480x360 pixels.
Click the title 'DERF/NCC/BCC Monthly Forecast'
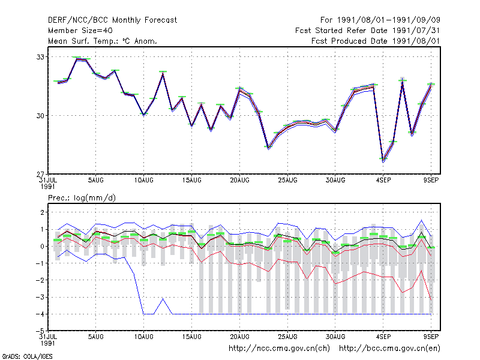click(x=112, y=20)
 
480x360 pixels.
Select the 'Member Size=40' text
click(x=80, y=31)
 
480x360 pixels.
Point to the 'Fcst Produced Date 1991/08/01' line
click(x=376, y=41)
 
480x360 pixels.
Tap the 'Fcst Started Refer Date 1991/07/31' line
click(x=367, y=31)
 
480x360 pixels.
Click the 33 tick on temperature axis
click(x=41, y=57)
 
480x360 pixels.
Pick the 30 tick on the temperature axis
click(x=41, y=116)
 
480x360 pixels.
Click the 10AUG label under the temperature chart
click(x=143, y=180)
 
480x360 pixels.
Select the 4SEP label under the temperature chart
click(x=383, y=180)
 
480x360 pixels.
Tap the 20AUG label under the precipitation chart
click(x=239, y=337)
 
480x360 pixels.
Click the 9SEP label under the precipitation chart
click(x=431, y=336)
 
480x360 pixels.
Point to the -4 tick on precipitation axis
click(x=40, y=314)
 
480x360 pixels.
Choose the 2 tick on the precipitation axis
click(x=42, y=212)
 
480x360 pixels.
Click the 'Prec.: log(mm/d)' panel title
click(x=82, y=198)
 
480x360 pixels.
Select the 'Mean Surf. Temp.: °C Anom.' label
click(x=103, y=41)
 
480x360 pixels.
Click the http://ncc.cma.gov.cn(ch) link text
click(x=279, y=349)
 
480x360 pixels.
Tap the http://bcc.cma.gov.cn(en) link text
click(x=389, y=349)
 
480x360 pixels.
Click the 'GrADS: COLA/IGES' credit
click(x=27, y=356)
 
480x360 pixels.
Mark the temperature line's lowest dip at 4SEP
click(x=383, y=160)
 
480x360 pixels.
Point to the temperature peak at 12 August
click(x=163, y=73)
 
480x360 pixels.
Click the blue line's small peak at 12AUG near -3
click(x=163, y=298)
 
